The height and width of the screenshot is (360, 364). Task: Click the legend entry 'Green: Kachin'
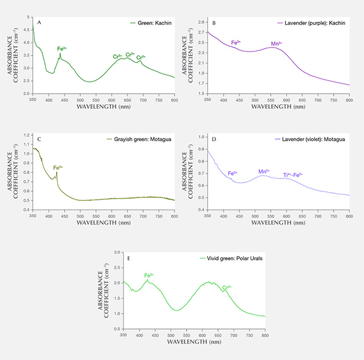pos(151,23)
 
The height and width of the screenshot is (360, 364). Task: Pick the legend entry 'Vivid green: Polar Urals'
pos(236,258)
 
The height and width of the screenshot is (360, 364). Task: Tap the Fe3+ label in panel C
pos(58,168)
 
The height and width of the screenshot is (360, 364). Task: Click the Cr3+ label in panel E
pos(227,287)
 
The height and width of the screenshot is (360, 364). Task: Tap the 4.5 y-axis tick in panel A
pos(26,27)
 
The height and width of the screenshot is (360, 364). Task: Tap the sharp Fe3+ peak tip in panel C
pos(57,172)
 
